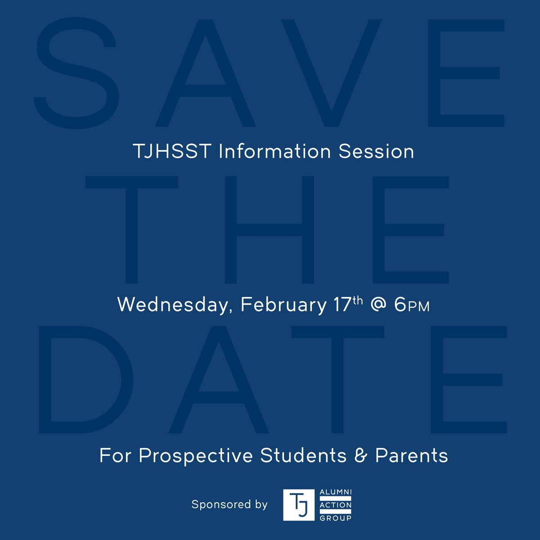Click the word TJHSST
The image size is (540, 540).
(x=172, y=152)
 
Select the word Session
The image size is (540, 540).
(x=376, y=152)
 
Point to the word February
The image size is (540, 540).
(x=283, y=305)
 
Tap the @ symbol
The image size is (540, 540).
(x=378, y=305)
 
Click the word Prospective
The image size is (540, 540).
(x=196, y=456)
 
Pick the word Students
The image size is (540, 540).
(x=304, y=455)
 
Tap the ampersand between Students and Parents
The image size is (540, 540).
(x=361, y=455)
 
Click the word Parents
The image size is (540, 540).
(x=412, y=455)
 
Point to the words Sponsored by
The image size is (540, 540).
(x=229, y=504)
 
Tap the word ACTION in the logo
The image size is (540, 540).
(x=335, y=505)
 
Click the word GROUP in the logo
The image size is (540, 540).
(x=335, y=518)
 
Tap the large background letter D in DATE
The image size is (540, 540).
(x=85, y=379)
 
